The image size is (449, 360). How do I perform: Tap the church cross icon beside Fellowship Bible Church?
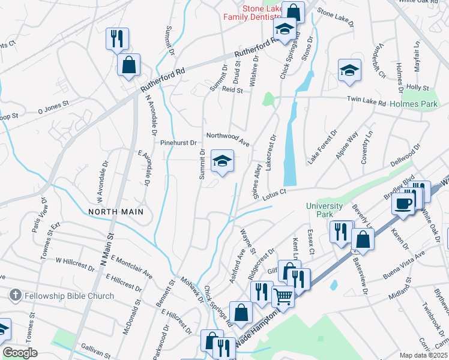(x=16, y=296)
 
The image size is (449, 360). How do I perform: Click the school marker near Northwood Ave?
(x=222, y=161)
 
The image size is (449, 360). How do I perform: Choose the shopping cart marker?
(x=283, y=295)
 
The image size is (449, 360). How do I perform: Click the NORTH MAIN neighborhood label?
(x=116, y=212)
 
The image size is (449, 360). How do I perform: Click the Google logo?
(x=20, y=353)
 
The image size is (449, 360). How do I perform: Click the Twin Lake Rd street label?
(x=366, y=101)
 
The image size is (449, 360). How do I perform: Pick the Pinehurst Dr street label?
(x=179, y=143)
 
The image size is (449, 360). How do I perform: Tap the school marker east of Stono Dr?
(x=349, y=71)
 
